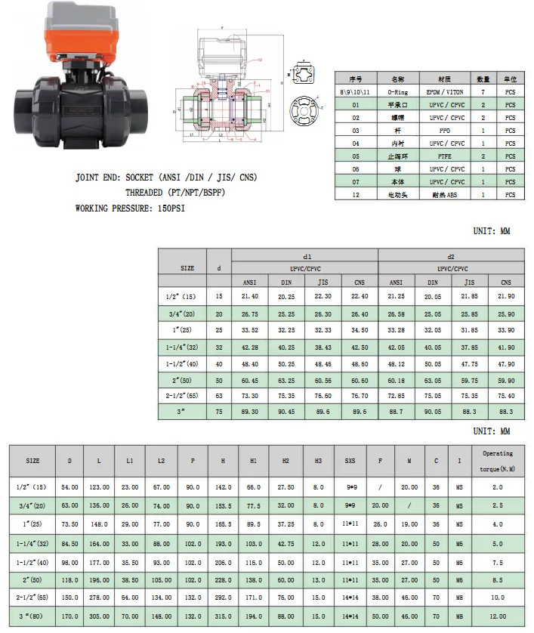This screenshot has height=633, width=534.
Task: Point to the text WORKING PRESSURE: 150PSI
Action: point(130,208)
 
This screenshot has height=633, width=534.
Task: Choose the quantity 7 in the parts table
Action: point(483,91)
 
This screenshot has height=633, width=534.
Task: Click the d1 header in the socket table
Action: point(306,257)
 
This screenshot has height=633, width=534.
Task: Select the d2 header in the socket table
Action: point(451,257)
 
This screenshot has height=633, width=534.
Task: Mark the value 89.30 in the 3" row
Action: point(249,412)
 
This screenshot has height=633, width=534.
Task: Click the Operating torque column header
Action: point(497,460)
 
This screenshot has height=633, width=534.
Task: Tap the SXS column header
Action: point(350,460)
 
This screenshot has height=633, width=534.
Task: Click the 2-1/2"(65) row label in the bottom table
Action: point(33,597)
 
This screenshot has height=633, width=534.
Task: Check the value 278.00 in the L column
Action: point(99,597)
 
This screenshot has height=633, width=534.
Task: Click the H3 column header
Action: point(319,460)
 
